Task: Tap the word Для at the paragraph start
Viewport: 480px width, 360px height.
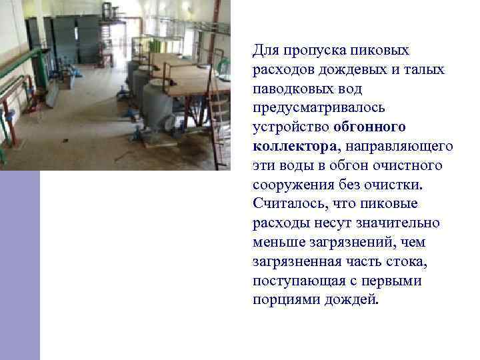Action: click(x=265, y=50)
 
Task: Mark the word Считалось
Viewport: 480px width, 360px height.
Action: click(x=287, y=203)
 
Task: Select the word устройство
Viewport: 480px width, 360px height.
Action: click(x=291, y=127)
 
